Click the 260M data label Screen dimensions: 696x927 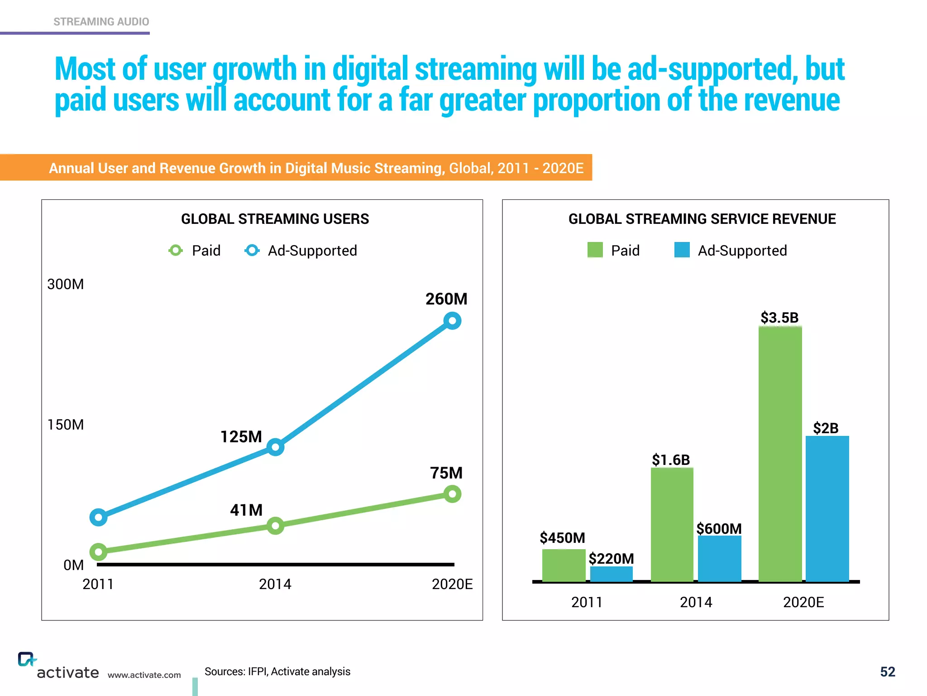click(x=446, y=299)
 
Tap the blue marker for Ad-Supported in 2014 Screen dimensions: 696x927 click(x=275, y=447)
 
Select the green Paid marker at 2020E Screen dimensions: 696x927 click(x=452, y=494)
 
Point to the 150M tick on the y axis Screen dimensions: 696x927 click(x=66, y=425)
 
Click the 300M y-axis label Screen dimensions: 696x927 click(x=66, y=284)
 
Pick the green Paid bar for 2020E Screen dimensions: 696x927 click(x=780, y=453)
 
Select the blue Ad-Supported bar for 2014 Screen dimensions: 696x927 click(x=719, y=558)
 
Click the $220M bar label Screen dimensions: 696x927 click(x=611, y=559)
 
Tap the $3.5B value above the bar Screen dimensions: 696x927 click(x=779, y=318)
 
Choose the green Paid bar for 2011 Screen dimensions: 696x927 click(x=564, y=565)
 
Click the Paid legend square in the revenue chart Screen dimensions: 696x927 click(x=595, y=250)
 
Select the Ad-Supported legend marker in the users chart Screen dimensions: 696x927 click(x=252, y=250)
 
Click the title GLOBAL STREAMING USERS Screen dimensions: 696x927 click(x=275, y=219)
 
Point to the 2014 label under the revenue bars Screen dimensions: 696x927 click(x=696, y=602)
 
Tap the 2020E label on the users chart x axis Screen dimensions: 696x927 click(x=452, y=584)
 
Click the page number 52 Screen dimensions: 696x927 click(x=887, y=672)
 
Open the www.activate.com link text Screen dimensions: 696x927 click(x=144, y=675)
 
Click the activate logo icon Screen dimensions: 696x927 click(x=26, y=659)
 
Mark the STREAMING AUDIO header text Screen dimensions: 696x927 click(x=101, y=22)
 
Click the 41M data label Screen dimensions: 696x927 click(x=246, y=510)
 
